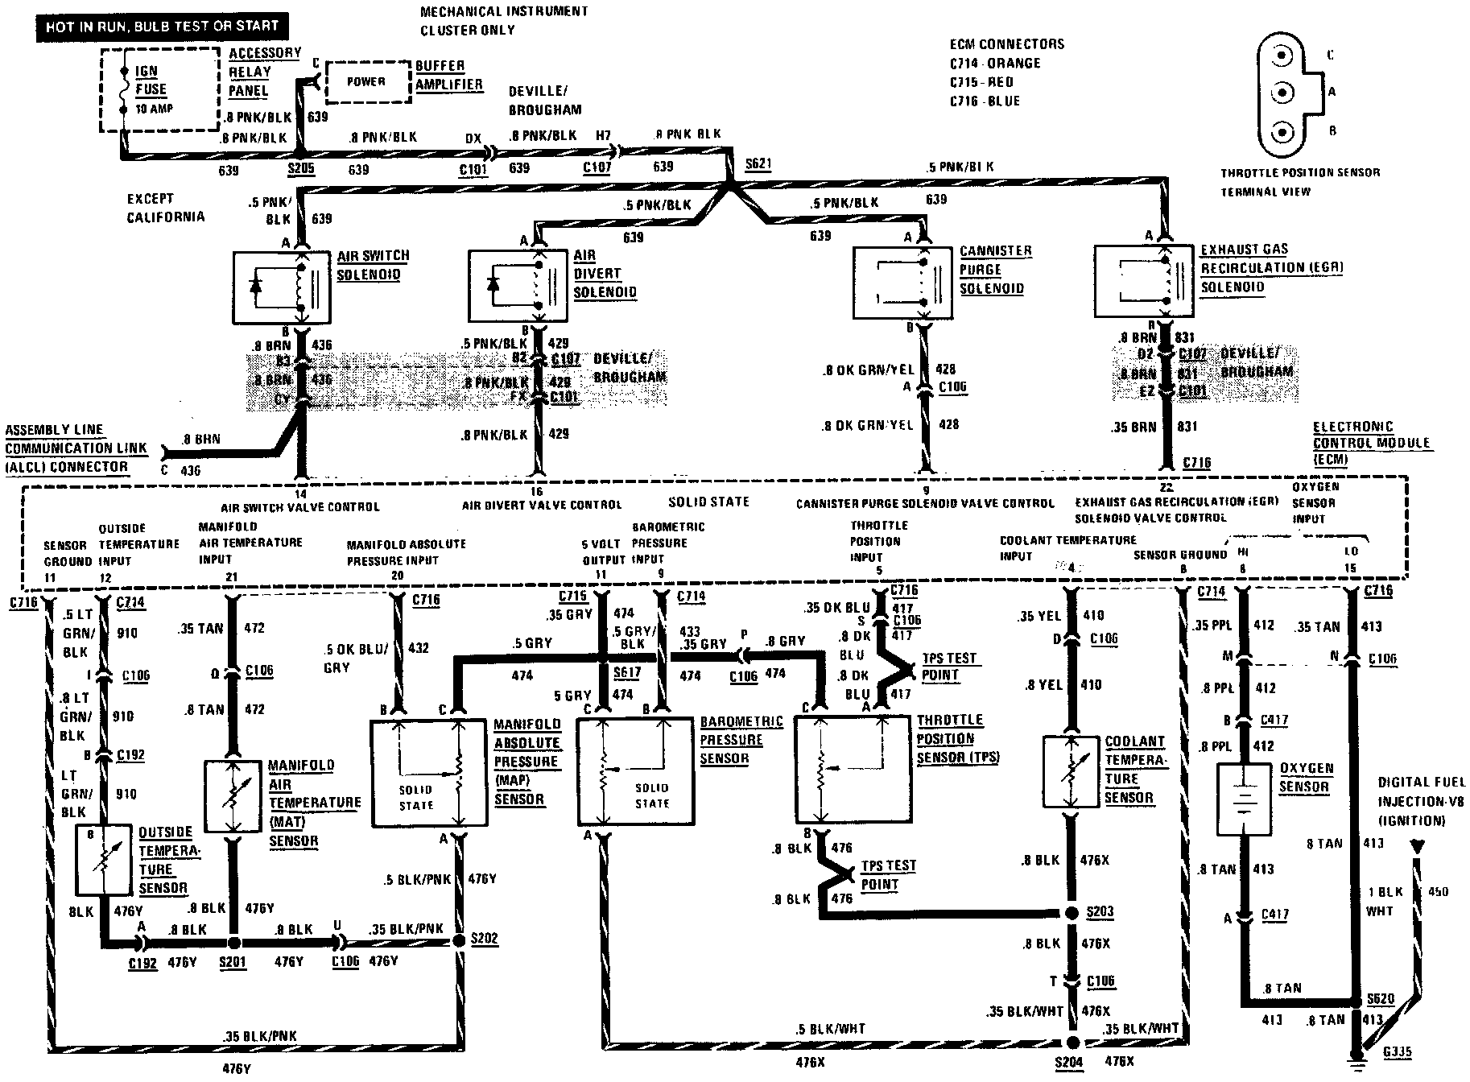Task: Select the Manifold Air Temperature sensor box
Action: [x=233, y=796]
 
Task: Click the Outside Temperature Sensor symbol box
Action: [x=103, y=860]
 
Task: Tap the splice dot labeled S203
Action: [x=1072, y=913]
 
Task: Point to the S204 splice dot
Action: [x=1072, y=1040]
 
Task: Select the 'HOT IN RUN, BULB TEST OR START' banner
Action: [x=161, y=26]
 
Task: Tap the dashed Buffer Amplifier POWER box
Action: [x=366, y=82]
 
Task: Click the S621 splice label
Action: [x=758, y=163]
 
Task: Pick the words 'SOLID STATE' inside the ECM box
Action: [x=708, y=502]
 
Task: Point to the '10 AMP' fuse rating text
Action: [x=154, y=109]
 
